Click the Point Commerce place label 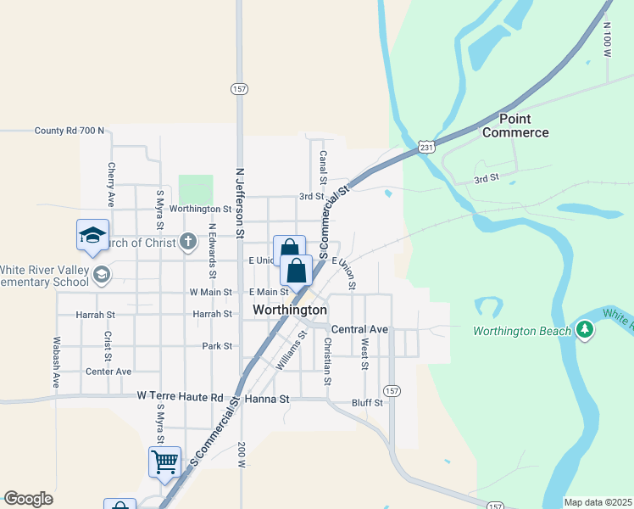point(515,126)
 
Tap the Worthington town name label point(290,310)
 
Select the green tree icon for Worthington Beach point(584,329)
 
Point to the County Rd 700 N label point(70,131)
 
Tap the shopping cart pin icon point(164,463)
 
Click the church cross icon point(188,242)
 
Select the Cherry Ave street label point(110,185)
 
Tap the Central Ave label point(359,329)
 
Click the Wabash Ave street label point(57,362)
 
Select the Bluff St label point(366,402)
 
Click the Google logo point(28,499)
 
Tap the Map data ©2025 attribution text point(597,502)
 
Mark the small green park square point(196,189)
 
